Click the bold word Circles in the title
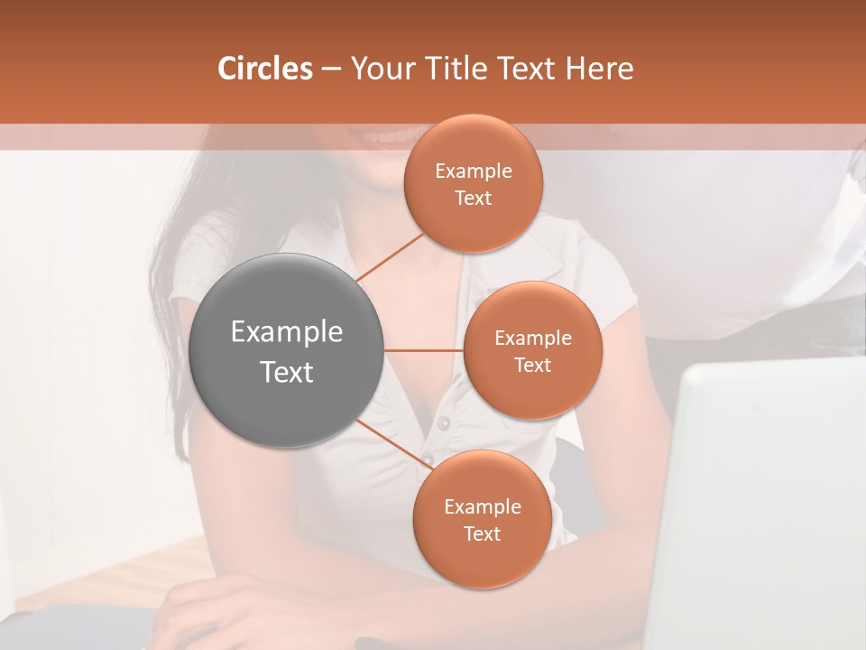click(264, 69)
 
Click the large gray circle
click(287, 350)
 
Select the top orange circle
click(474, 184)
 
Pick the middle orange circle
click(533, 350)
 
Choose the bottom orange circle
click(482, 519)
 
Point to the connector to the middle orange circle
click(424, 350)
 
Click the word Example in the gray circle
click(287, 331)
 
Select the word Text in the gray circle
click(287, 372)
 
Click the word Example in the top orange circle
click(474, 171)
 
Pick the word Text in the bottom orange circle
click(482, 534)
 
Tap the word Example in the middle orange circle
click(533, 338)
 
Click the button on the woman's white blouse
click(443, 422)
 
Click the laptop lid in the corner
click(767, 506)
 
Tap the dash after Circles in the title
click(331, 70)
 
